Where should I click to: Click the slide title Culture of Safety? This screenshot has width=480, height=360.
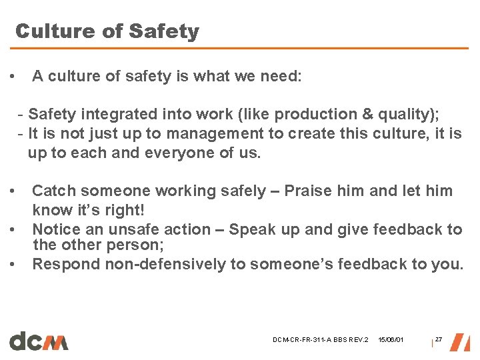click(107, 31)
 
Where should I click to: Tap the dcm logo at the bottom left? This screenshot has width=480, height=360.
click(39, 340)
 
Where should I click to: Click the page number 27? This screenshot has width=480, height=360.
click(438, 340)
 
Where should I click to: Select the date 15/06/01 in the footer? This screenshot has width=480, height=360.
click(391, 341)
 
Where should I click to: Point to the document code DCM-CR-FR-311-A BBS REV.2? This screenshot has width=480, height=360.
click(321, 341)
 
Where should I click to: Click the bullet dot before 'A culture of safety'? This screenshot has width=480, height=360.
click(14, 77)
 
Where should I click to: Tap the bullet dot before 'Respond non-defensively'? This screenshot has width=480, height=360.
click(14, 264)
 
